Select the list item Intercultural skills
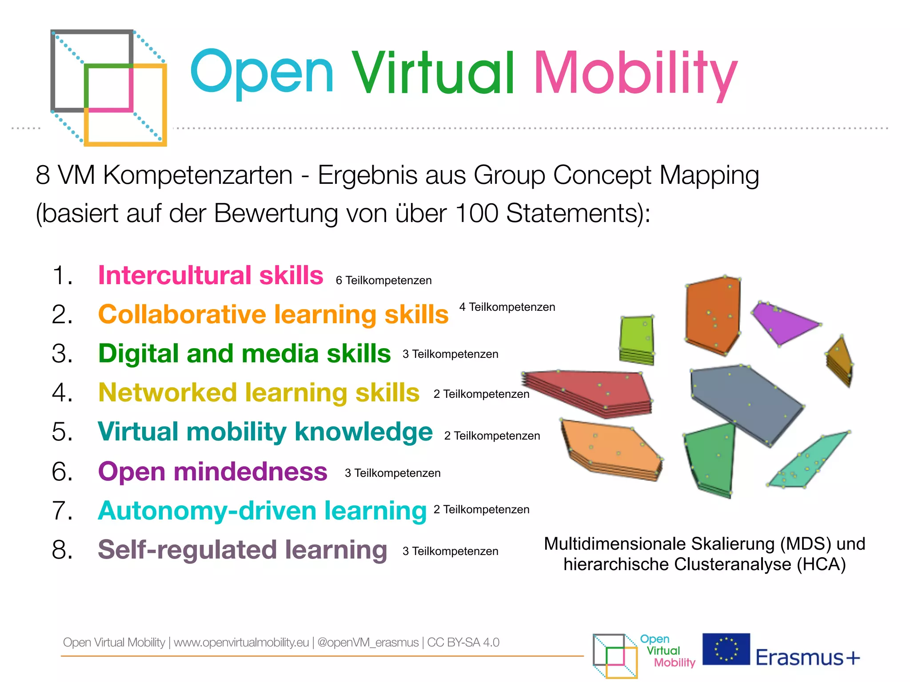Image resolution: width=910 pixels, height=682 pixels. pyautogui.click(x=211, y=275)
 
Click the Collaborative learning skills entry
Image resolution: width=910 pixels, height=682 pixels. pyautogui.click(x=273, y=314)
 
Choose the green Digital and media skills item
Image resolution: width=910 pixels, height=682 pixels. pyautogui.click(x=244, y=353)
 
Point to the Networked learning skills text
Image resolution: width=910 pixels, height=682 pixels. pyautogui.click(x=259, y=393)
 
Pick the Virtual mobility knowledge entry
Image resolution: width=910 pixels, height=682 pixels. pyautogui.click(x=265, y=432)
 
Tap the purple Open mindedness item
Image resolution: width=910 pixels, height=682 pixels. pyautogui.click(x=212, y=471)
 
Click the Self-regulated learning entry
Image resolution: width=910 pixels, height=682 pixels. pyautogui.click(x=243, y=550)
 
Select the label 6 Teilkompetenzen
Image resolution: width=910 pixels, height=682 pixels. pyautogui.click(x=383, y=281)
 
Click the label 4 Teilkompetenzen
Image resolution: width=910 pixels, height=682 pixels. pyautogui.click(x=507, y=307)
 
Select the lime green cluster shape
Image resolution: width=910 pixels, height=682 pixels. pyautogui.click(x=636, y=337)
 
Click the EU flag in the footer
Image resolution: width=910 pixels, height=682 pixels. pyautogui.click(x=726, y=649)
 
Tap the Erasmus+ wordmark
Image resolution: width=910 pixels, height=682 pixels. pyautogui.click(x=808, y=658)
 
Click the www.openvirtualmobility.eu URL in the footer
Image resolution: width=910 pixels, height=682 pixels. pyautogui.click(x=241, y=642)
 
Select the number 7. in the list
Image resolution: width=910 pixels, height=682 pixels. pyautogui.click(x=62, y=511)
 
